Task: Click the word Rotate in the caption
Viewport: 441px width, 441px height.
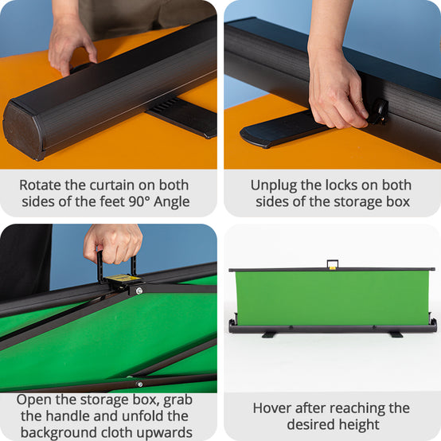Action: pyautogui.click(x=40, y=185)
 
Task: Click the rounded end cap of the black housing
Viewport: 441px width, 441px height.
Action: pyautogui.click(x=23, y=131)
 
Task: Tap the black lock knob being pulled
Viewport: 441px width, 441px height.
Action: pyautogui.click(x=379, y=111)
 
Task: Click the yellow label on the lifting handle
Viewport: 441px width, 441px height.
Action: pyautogui.click(x=123, y=278)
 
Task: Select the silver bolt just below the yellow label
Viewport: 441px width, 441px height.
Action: pyautogui.click(x=139, y=291)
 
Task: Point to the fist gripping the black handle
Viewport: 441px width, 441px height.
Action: pyautogui.click(x=113, y=244)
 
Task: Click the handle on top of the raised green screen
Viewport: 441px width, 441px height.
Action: pyautogui.click(x=333, y=264)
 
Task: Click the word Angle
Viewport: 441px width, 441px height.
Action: pyautogui.click(x=172, y=202)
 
